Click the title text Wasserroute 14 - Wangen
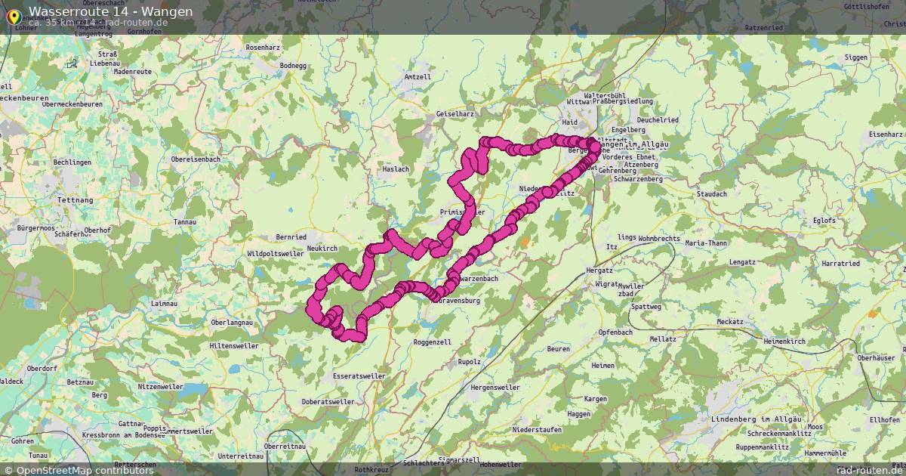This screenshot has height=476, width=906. point(110,11)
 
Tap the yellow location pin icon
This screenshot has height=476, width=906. point(13,15)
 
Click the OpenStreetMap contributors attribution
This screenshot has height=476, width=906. point(79,470)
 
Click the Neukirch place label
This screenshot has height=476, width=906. point(322,248)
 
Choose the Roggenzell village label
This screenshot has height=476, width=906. point(433,342)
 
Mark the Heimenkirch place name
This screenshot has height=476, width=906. point(784,342)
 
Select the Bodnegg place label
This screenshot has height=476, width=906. point(293,66)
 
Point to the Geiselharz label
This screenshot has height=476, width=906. point(455,114)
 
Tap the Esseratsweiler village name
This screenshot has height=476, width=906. point(358,376)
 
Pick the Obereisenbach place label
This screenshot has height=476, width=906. point(196,159)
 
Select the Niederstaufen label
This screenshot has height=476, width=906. point(537,429)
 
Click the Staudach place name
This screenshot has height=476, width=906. point(712,194)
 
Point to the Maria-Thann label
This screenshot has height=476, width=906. point(706,243)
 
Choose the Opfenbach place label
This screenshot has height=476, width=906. point(615,332)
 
